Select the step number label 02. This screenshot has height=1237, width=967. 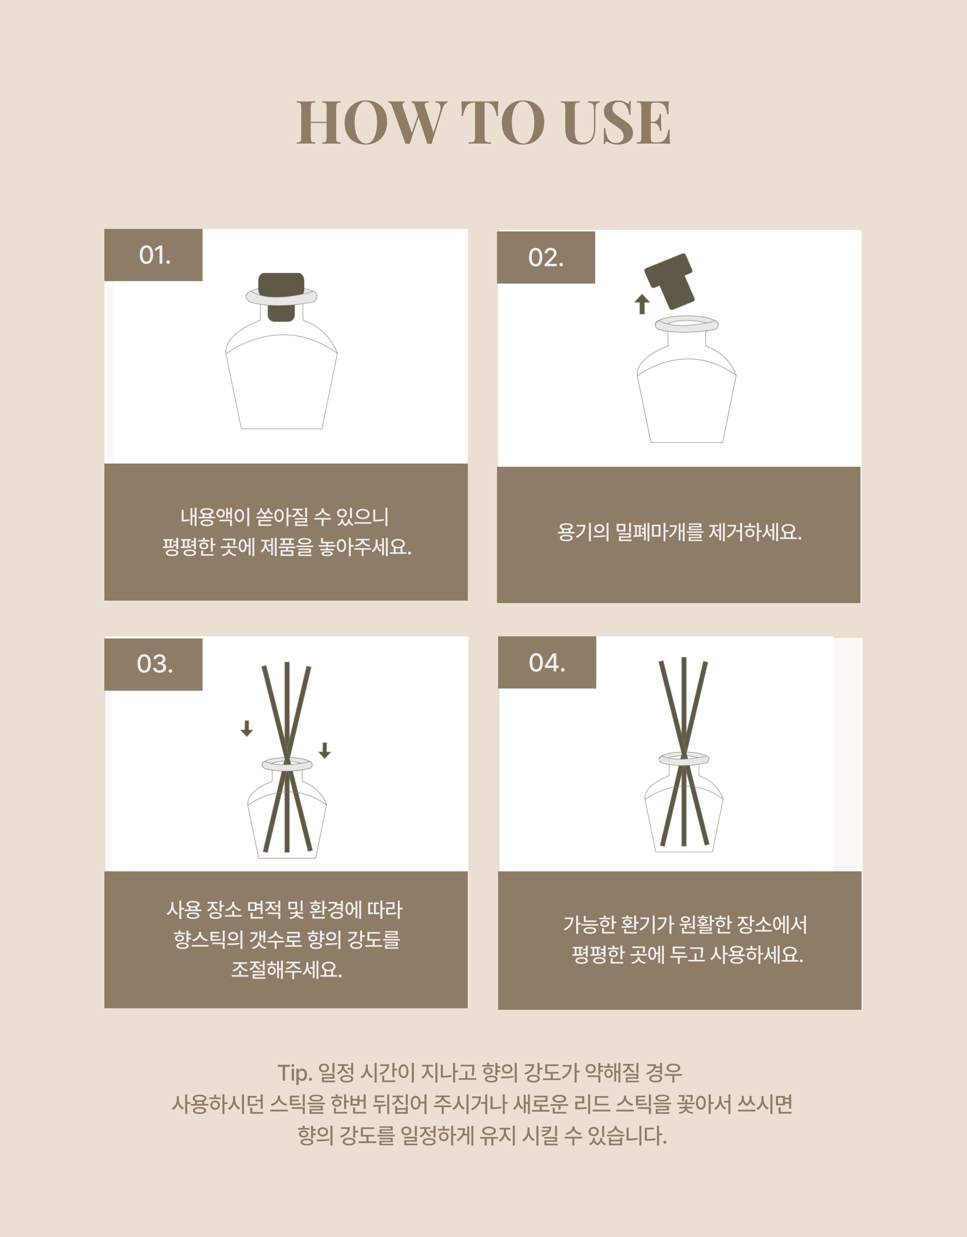(x=546, y=258)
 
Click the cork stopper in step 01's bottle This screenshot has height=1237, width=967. (x=281, y=297)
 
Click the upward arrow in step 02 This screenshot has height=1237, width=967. (x=641, y=304)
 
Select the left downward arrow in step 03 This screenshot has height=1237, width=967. (x=247, y=728)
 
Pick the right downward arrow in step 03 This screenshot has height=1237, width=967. (x=325, y=750)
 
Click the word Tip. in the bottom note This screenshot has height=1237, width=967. (x=295, y=1073)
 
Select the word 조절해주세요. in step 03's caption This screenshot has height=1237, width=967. (x=286, y=970)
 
